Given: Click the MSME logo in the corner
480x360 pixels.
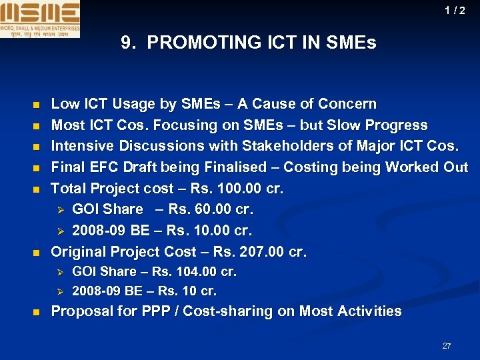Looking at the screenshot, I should point(40,19).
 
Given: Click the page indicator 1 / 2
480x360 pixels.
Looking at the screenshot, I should point(455,11).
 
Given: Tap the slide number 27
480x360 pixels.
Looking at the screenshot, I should point(447,346).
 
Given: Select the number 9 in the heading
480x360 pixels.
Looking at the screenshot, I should point(126,43).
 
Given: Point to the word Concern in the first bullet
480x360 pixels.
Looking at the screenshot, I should point(347,104).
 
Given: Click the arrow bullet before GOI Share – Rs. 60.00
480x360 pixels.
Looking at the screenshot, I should point(59,210).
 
